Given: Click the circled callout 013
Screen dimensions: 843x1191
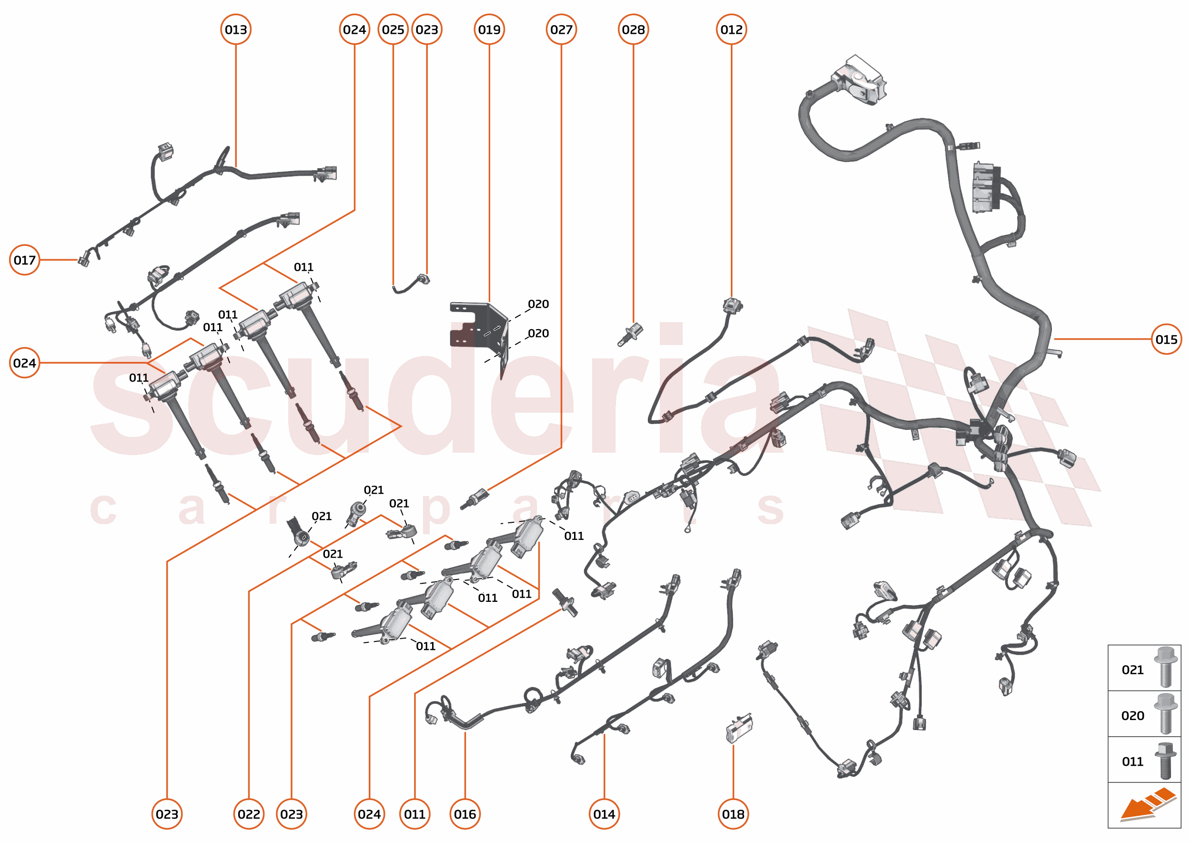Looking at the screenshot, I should (236, 30).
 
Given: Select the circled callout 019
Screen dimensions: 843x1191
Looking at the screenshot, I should (489, 30).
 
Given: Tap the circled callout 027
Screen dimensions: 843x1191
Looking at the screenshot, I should (561, 30).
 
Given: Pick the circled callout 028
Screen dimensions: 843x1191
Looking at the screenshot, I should (633, 30).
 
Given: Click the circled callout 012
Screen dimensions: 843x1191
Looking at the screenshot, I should (731, 30).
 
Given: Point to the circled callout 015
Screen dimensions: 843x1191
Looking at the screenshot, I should (1166, 339).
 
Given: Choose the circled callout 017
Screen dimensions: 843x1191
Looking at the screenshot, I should (24, 260).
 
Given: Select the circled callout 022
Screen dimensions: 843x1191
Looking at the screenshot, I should (249, 814).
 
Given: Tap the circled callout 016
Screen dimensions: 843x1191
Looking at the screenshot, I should (464, 814).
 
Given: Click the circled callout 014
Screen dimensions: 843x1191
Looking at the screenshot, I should (604, 814).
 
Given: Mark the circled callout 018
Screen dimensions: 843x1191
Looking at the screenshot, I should (733, 814).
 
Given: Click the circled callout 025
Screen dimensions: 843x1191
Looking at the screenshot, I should (393, 30).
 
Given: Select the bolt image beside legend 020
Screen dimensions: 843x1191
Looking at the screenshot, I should (1165, 713).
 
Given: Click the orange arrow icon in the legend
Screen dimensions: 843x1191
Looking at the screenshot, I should (1147, 806).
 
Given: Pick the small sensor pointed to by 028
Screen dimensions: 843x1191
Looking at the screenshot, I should (631, 334).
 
